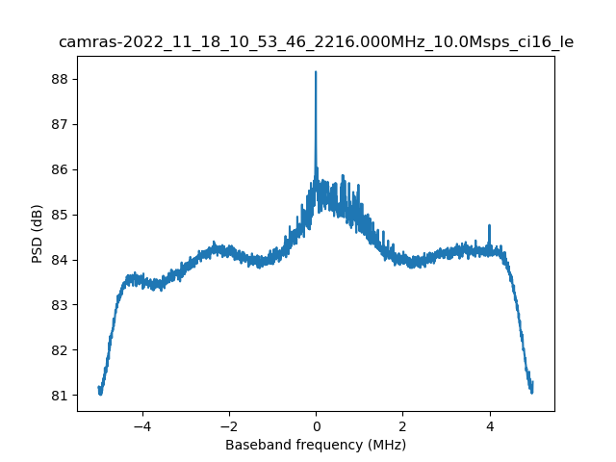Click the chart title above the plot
tap(316, 42)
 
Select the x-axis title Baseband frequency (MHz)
tap(316, 445)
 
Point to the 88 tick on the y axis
tap(61, 79)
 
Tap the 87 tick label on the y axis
tap(61, 124)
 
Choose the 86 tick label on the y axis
tap(61, 169)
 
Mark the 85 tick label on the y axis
tap(61, 215)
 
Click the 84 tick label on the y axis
tap(61, 260)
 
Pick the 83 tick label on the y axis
tap(61, 305)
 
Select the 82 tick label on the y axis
tap(61, 350)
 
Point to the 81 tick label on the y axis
tap(61, 396)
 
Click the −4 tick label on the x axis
tap(141, 425)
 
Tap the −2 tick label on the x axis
tap(228, 425)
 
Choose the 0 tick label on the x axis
tap(316, 425)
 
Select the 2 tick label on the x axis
tap(402, 425)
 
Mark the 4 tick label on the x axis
tap(490, 425)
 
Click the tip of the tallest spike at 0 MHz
tap(316, 72)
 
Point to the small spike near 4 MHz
tap(490, 226)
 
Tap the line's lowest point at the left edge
tap(100, 394)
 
